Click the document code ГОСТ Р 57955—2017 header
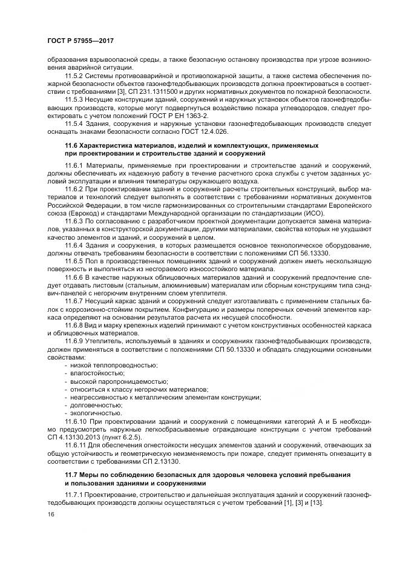click(80, 41)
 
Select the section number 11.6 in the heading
click(73, 146)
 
